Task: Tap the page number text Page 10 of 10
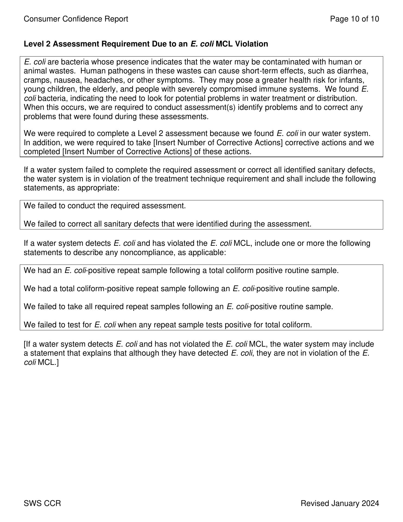click(354, 19)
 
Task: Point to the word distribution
click(337, 98)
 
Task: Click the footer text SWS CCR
click(42, 504)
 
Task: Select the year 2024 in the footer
click(370, 504)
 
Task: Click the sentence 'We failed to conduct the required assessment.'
click(105, 206)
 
